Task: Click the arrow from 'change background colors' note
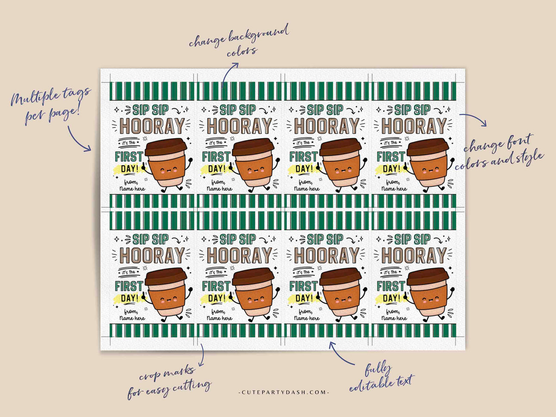point(229,74)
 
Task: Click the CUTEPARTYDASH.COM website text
point(283,392)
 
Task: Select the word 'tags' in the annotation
point(80,95)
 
